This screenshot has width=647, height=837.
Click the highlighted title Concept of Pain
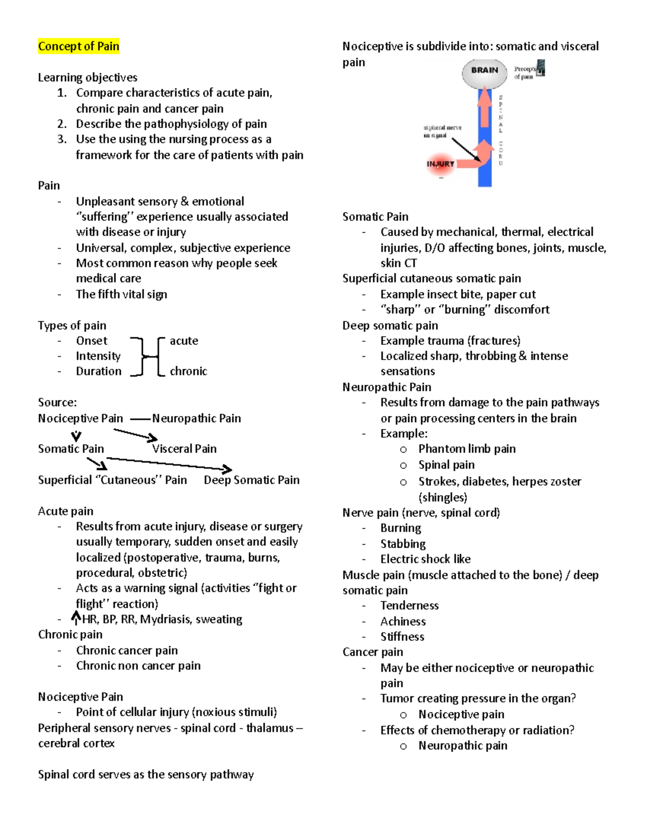pyautogui.click(x=78, y=46)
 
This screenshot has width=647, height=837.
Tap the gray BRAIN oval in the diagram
pyautogui.click(x=484, y=72)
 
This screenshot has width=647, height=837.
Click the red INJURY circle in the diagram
pyautogui.click(x=440, y=164)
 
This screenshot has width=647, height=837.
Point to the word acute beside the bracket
pyautogui.click(x=184, y=341)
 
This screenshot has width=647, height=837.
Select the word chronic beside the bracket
pyautogui.click(x=188, y=371)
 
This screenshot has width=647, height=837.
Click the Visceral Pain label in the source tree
pyautogui.click(x=184, y=449)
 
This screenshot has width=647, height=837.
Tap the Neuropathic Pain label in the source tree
pyautogui.click(x=196, y=418)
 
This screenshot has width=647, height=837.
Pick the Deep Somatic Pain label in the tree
pyautogui.click(x=251, y=480)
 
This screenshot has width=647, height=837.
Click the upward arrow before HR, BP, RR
pyautogui.click(x=76, y=618)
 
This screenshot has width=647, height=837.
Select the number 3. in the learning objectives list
pyautogui.click(x=62, y=139)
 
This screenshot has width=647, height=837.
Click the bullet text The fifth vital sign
pyautogui.click(x=121, y=294)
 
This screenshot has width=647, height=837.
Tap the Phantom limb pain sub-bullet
pyautogui.click(x=467, y=449)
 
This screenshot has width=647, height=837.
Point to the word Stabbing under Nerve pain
pyautogui.click(x=403, y=544)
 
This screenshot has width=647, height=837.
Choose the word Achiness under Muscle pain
pyautogui.click(x=403, y=621)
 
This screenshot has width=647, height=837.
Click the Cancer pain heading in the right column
pyautogui.click(x=373, y=652)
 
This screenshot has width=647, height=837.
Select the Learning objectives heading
pyautogui.click(x=87, y=78)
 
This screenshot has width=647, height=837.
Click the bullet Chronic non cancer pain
pyautogui.click(x=138, y=666)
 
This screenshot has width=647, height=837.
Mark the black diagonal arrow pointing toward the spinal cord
pyautogui.click(x=465, y=149)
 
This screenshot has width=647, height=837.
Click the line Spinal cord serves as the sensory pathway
pyautogui.click(x=146, y=774)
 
